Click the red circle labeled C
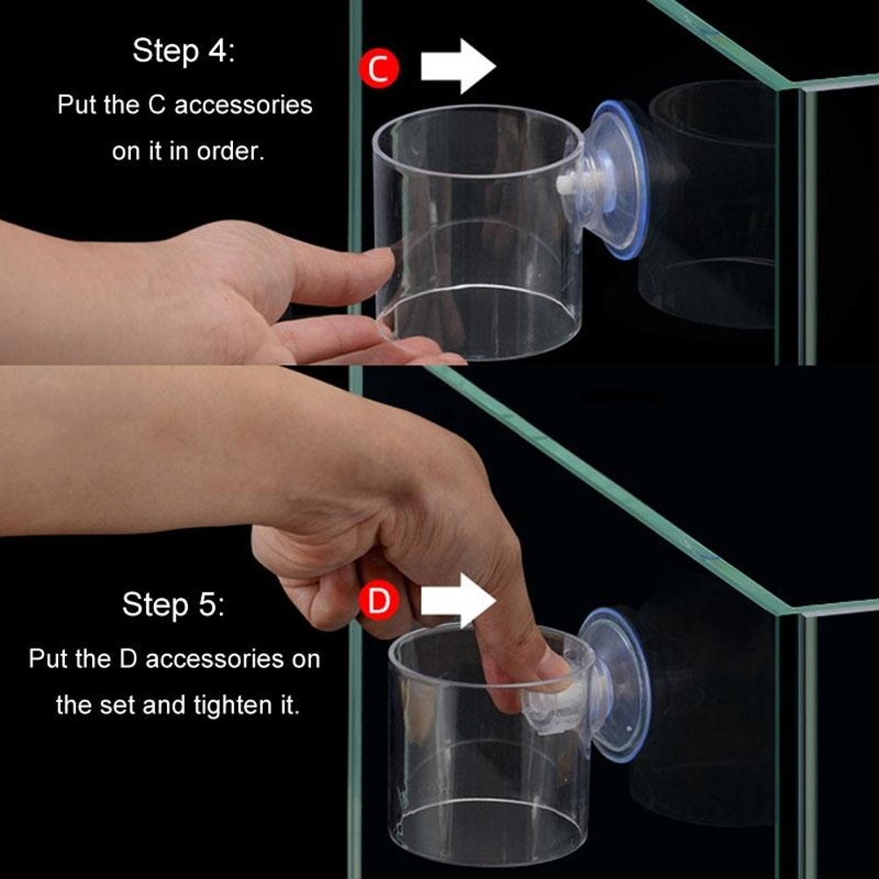[379, 69]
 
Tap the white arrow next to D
[457, 600]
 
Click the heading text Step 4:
[184, 51]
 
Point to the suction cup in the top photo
[619, 180]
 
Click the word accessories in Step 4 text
[243, 105]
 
